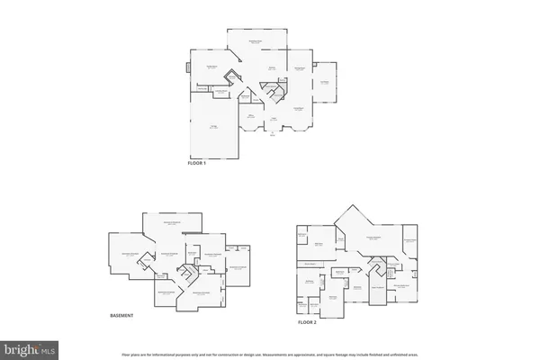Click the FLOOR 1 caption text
click(x=196, y=162)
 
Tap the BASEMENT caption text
click(x=121, y=315)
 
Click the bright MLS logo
click(x=29, y=347)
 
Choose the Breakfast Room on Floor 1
click(x=256, y=41)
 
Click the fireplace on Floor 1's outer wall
click(x=187, y=67)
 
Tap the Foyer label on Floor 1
click(x=274, y=119)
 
